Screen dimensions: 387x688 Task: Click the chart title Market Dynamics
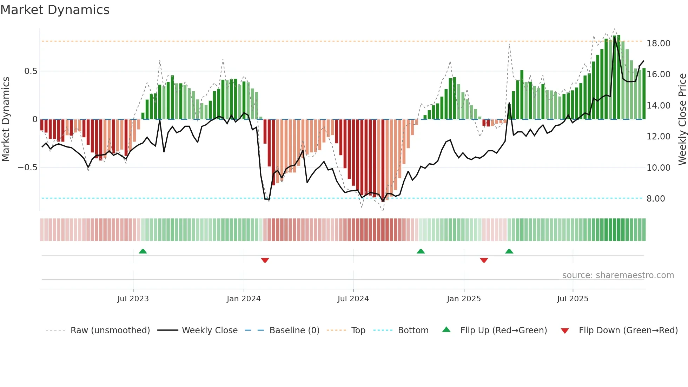click(x=55, y=10)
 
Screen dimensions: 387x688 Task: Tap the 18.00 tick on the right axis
click(x=658, y=44)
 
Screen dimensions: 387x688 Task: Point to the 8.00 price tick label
click(x=655, y=199)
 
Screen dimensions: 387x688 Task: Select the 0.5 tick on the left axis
click(x=31, y=71)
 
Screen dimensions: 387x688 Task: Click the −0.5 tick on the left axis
click(x=28, y=168)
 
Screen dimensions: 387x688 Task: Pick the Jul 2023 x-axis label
click(x=133, y=299)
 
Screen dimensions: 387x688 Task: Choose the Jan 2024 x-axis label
click(x=244, y=299)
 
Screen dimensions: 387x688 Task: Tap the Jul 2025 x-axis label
click(x=573, y=299)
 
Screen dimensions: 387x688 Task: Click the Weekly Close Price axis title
click(x=682, y=119)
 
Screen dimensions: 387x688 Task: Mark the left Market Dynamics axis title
click(x=6, y=119)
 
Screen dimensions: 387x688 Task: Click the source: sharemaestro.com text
click(x=618, y=275)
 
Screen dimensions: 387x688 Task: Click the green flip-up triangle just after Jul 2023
click(x=143, y=251)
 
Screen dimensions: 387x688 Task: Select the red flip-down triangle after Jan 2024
click(x=265, y=260)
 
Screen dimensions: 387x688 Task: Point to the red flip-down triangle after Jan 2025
click(x=484, y=260)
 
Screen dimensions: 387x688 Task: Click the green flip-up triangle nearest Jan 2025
click(x=421, y=251)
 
